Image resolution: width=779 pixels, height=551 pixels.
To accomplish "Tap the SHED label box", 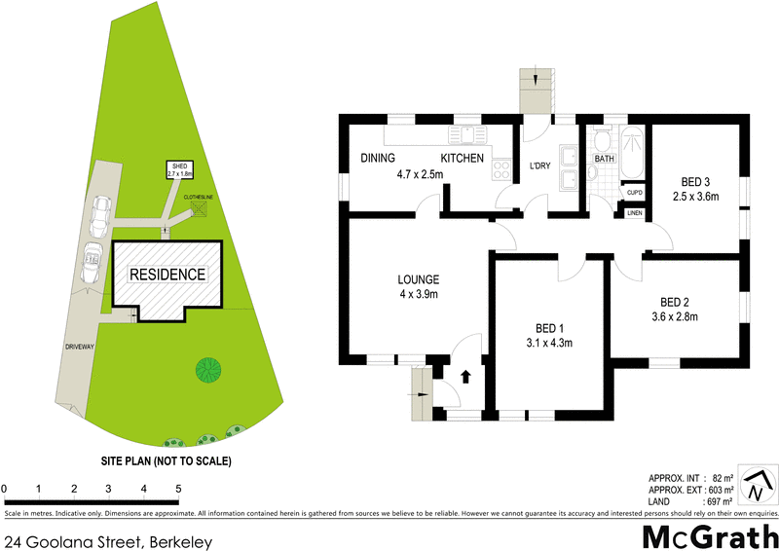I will click(x=179, y=170).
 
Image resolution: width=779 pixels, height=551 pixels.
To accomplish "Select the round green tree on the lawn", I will click(x=206, y=370).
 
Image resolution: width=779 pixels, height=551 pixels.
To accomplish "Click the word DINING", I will click(x=377, y=159).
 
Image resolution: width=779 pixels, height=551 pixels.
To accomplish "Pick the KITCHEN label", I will click(x=463, y=159).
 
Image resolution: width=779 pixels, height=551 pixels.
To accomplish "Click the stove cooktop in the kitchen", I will click(x=502, y=171).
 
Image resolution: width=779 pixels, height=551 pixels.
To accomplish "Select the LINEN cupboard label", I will click(x=634, y=212).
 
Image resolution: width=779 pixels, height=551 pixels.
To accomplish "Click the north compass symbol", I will click(x=758, y=483).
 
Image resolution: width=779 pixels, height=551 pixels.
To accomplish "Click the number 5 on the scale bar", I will click(x=178, y=488).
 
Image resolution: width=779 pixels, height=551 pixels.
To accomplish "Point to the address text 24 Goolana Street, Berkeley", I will click(x=108, y=540).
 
